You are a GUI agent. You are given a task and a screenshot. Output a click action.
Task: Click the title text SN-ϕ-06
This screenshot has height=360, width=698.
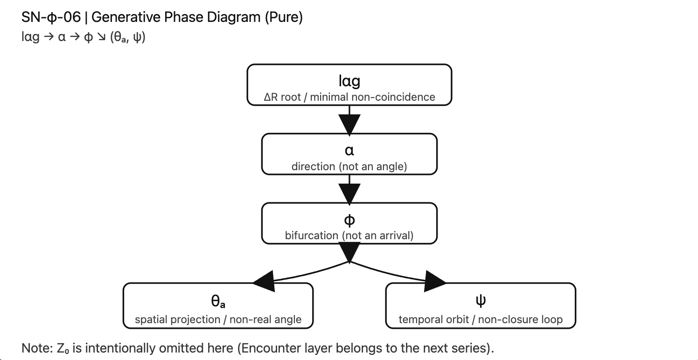pos(51,18)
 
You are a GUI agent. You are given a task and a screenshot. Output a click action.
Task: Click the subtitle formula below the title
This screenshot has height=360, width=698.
pos(84,37)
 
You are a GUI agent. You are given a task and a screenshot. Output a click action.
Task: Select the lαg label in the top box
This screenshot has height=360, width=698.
pos(349,81)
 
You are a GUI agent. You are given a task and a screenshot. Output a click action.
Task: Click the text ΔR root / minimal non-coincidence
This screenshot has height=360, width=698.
pos(349,97)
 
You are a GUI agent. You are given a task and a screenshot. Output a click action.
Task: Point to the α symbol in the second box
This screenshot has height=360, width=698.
pos(349,150)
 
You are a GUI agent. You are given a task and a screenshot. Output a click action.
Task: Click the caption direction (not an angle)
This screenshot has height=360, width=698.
pos(349,166)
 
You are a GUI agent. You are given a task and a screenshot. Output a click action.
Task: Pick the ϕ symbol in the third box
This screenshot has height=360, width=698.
pos(349,219)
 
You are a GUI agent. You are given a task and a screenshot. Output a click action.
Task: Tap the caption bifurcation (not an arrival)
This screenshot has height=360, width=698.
pos(349,235)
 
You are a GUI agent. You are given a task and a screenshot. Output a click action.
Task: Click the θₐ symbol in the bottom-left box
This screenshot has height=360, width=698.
pos(218,301)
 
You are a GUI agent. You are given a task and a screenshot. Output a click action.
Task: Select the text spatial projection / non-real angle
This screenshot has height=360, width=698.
pos(218,319)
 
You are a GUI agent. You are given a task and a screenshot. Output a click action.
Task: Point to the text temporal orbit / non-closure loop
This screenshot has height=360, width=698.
pos(481,319)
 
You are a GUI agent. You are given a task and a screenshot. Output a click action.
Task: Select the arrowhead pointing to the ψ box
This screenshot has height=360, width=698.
pos(435,281)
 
